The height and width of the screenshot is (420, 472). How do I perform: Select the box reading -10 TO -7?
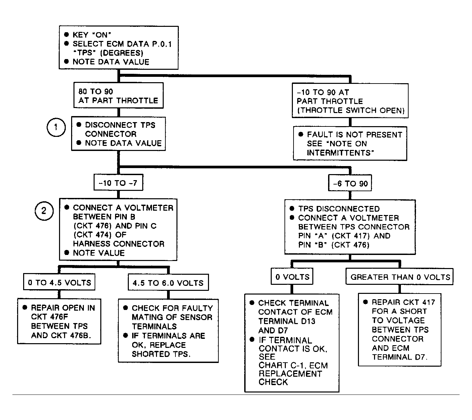point(118,182)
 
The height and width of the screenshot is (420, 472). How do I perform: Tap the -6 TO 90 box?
point(350,183)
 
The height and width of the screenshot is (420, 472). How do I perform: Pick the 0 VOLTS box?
point(292,276)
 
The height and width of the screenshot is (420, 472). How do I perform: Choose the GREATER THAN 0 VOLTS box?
point(400,277)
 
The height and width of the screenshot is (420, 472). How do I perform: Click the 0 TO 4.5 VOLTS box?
point(59,282)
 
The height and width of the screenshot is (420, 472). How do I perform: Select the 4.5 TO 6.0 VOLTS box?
point(168,282)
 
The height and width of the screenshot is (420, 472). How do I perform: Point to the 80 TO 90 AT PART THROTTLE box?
point(118,95)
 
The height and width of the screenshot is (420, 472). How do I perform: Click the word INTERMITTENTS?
point(340,153)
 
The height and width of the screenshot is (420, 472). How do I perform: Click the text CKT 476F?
point(49,317)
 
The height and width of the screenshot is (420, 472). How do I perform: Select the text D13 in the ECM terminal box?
point(308,321)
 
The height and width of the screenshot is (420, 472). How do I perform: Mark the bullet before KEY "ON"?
point(67,35)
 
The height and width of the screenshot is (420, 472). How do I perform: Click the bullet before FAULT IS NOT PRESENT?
point(301,134)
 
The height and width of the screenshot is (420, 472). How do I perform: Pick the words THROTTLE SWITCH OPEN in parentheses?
point(351,110)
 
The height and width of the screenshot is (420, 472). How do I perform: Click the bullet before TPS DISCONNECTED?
point(292,208)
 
